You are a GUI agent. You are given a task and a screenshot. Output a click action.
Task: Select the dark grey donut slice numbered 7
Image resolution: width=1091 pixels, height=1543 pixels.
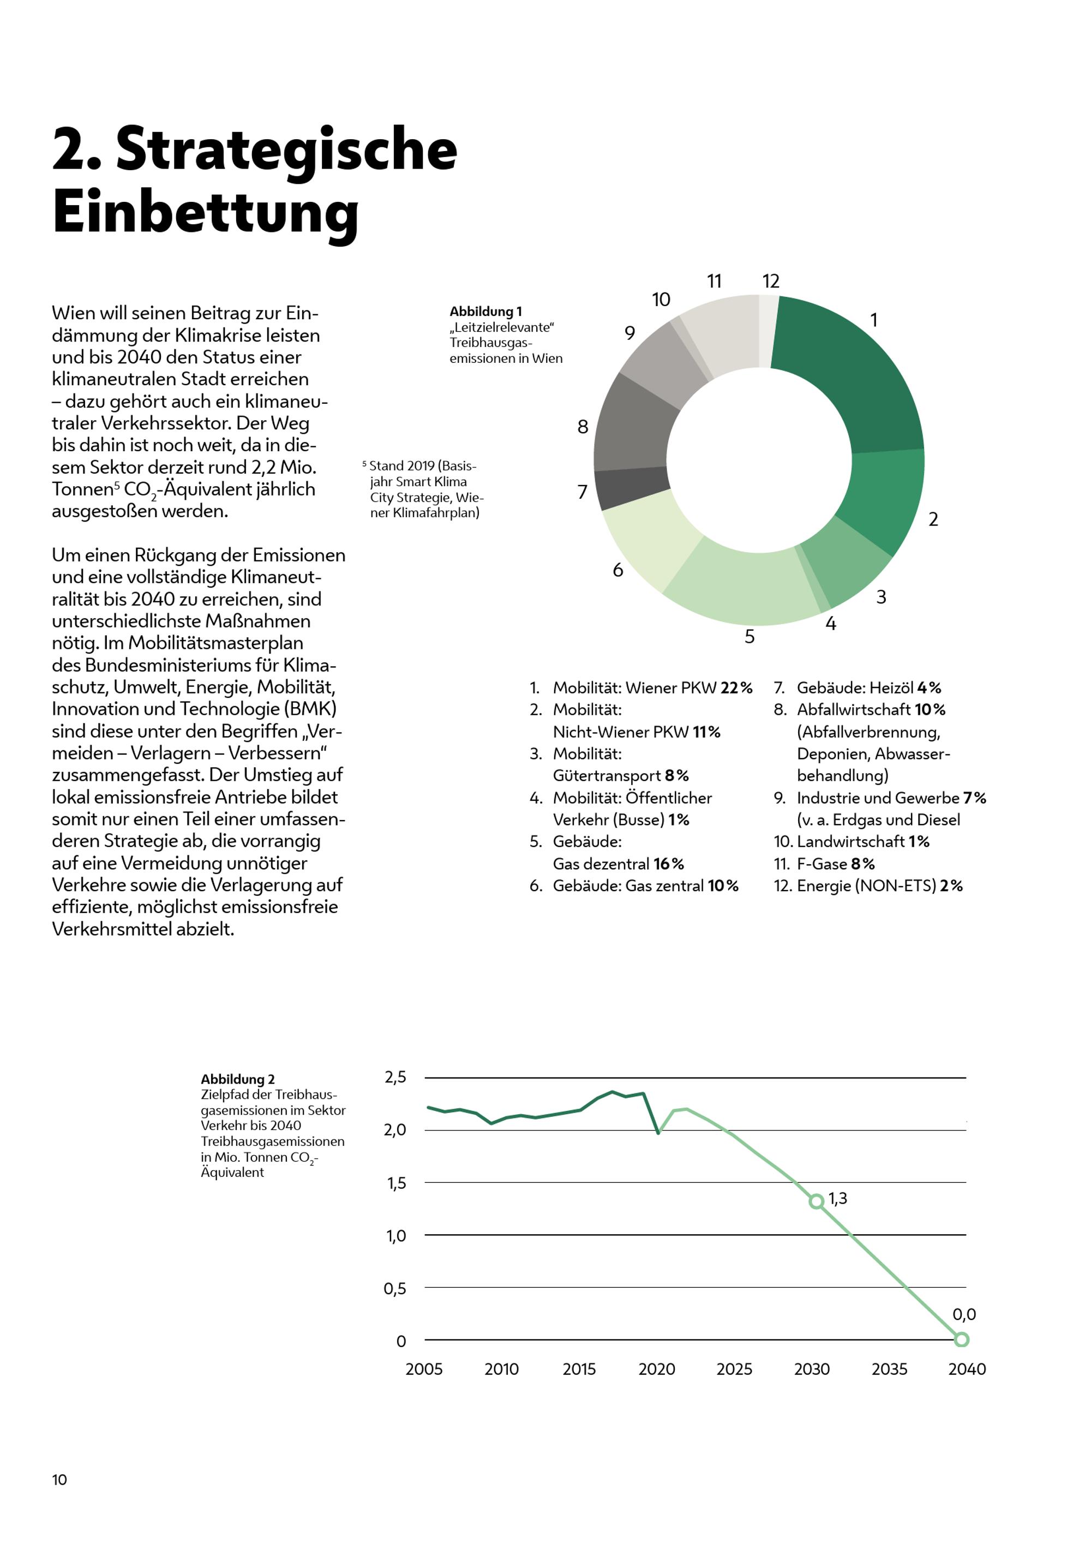click(x=632, y=488)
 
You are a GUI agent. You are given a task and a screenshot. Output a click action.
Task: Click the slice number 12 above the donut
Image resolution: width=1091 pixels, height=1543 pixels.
click(x=771, y=281)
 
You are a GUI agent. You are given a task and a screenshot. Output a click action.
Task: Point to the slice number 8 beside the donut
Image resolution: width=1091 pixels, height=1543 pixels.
click(x=583, y=427)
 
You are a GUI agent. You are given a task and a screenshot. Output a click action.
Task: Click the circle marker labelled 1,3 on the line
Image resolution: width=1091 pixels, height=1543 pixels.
click(x=816, y=1201)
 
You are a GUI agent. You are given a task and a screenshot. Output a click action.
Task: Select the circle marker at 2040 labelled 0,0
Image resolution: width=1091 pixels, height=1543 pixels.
click(x=961, y=1339)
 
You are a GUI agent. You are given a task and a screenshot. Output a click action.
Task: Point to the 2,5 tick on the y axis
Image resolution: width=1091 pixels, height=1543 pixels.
click(x=395, y=1077)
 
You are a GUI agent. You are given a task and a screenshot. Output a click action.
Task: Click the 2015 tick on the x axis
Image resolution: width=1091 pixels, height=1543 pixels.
click(x=579, y=1369)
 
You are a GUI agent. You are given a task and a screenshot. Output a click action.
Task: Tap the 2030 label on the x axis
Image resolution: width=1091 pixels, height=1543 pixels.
click(x=812, y=1369)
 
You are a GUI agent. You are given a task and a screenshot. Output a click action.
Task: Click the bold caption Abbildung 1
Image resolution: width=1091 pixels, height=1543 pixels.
click(x=485, y=311)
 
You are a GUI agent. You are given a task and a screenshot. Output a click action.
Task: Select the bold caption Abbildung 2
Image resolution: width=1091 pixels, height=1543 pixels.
click(x=237, y=1079)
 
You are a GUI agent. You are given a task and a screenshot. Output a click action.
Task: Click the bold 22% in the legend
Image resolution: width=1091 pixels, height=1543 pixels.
click(x=736, y=687)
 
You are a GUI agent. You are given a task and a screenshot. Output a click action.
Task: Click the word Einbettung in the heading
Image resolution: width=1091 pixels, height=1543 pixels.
click(x=205, y=212)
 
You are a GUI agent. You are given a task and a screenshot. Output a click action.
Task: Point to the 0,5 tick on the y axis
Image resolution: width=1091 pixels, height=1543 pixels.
click(x=395, y=1288)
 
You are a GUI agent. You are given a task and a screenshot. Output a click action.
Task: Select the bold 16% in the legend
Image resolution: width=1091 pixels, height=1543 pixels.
click(x=668, y=864)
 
